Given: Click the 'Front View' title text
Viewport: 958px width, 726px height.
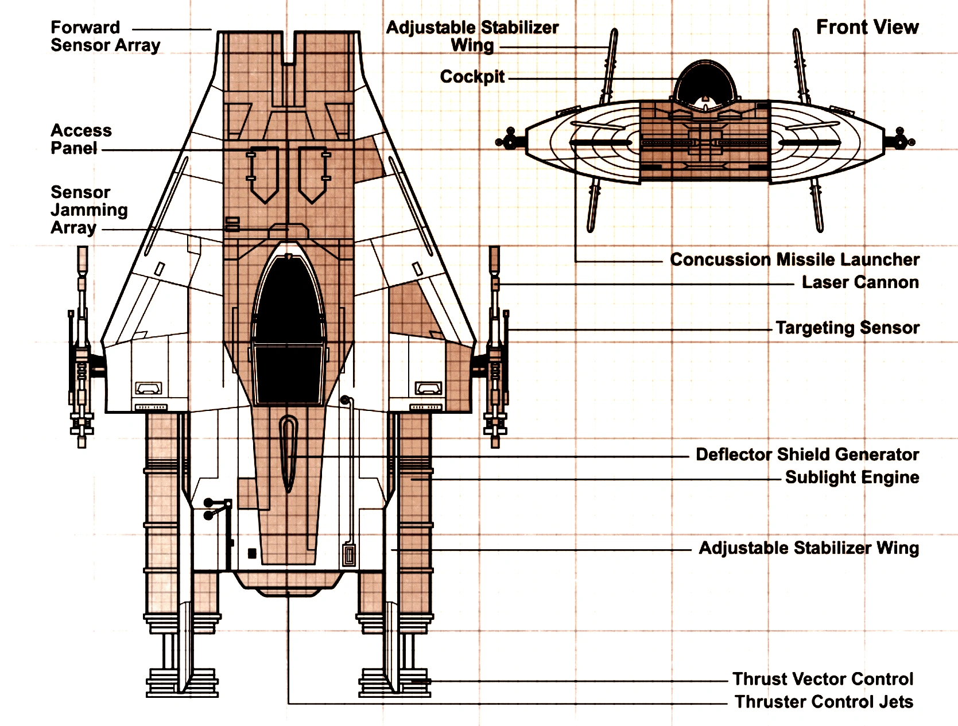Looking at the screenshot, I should (x=867, y=27).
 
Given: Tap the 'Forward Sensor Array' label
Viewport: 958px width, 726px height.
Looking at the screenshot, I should (x=105, y=36).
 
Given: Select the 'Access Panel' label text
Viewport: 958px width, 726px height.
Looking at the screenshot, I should (x=81, y=139).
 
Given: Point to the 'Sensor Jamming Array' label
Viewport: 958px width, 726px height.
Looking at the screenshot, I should (x=89, y=210).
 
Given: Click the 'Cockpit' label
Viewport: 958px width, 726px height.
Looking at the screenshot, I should (x=472, y=77).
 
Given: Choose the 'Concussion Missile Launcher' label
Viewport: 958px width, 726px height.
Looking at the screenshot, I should (x=794, y=259).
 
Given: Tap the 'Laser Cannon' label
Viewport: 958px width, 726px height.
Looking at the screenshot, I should (x=860, y=282).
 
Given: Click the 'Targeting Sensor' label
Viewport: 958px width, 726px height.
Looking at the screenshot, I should (x=847, y=328).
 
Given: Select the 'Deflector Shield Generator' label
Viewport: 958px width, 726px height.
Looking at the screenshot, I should (x=807, y=455).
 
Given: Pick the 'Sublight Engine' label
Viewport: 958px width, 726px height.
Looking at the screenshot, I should (x=852, y=477).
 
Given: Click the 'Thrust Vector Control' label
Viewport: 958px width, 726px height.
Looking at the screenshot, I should (x=823, y=679).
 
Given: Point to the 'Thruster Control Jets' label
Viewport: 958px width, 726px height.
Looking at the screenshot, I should (x=824, y=702).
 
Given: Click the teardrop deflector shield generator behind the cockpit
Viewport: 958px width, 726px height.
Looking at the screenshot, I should (x=288, y=453).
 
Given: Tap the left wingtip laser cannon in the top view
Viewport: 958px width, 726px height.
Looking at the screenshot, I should (x=82, y=350).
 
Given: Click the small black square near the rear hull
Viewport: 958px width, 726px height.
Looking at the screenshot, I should (x=251, y=553).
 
